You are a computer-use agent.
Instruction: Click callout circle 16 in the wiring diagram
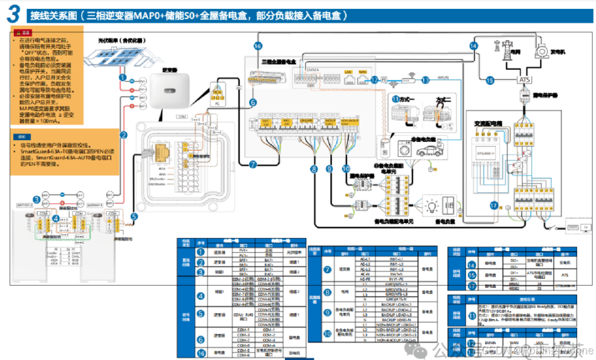(258, 46)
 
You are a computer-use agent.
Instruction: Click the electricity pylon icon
(506, 50)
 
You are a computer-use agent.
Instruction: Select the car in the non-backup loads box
(429, 151)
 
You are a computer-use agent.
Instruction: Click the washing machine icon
(403, 151)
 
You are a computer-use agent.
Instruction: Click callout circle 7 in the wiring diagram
(253, 165)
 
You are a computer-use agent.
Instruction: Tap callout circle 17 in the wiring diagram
(494, 205)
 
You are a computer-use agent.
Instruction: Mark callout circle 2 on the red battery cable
(124, 134)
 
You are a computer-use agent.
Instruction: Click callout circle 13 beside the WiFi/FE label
(426, 80)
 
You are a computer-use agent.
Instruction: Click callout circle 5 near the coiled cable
(133, 217)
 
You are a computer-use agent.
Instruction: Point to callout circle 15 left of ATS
(490, 80)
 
